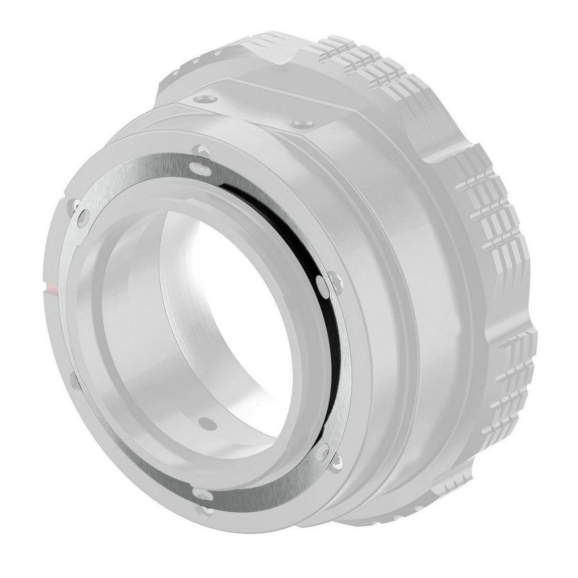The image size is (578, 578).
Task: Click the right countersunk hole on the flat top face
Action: pos(299,125)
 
